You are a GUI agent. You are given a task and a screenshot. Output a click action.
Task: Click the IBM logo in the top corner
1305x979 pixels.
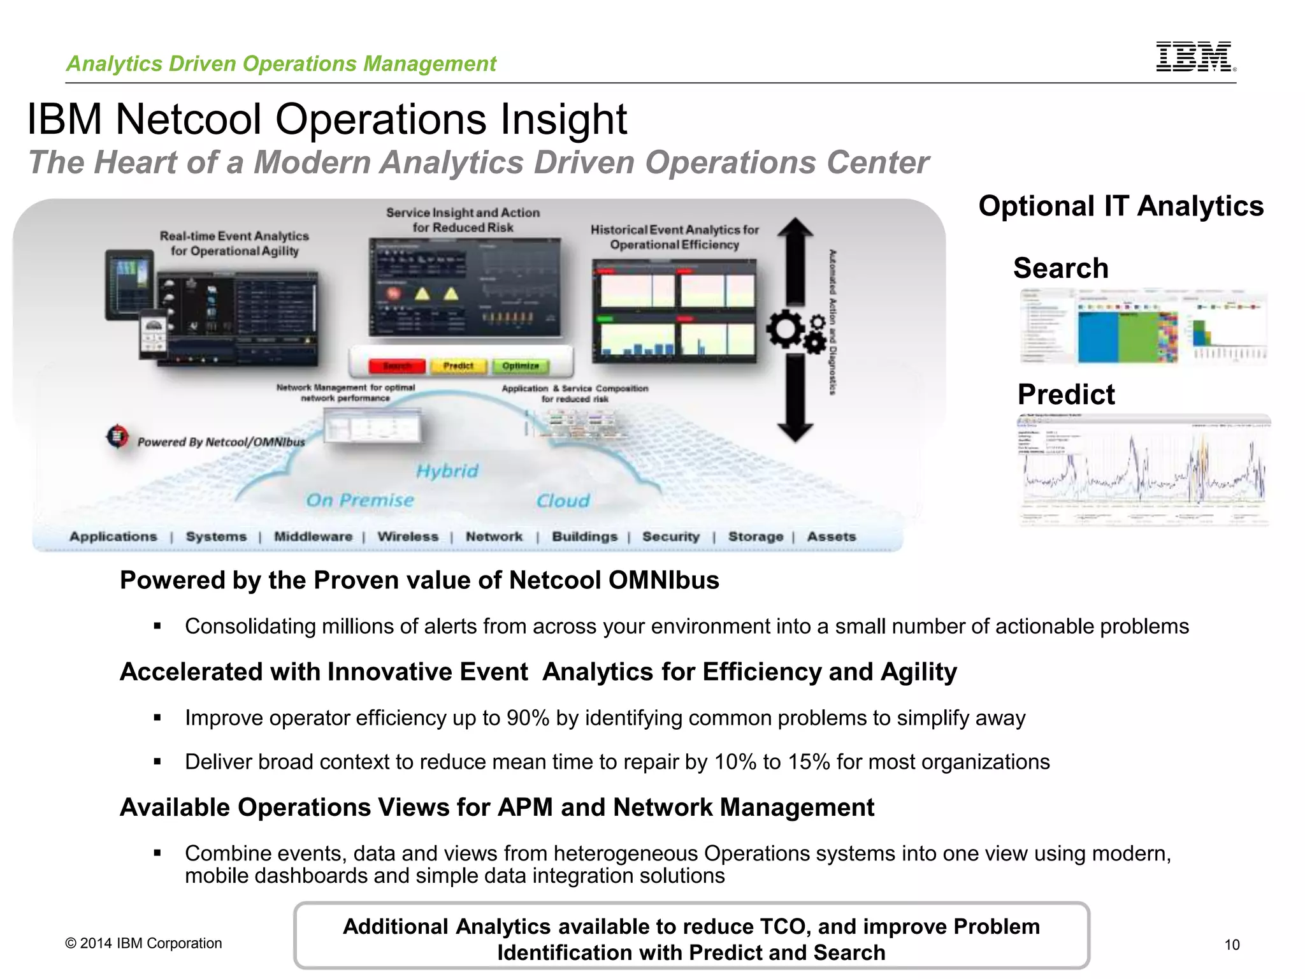tap(1195, 57)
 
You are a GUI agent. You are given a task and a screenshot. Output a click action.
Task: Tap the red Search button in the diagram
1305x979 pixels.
tap(397, 366)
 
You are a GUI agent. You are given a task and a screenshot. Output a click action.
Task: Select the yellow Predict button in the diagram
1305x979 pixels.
tap(458, 366)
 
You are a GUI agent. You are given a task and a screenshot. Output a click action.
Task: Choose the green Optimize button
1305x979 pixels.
tap(521, 366)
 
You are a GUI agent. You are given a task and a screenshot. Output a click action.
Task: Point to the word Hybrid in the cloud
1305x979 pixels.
tap(447, 471)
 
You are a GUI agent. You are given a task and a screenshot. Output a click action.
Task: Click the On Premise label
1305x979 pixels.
tap(360, 500)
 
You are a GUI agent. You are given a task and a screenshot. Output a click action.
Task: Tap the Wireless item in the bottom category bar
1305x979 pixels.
tap(408, 537)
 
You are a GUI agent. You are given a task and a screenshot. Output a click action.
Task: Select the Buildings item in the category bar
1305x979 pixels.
tap(584, 537)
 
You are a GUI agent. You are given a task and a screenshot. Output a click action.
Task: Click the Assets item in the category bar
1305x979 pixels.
tap(832, 537)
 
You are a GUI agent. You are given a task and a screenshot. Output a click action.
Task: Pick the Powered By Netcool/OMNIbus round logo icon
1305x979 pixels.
tap(117, 437)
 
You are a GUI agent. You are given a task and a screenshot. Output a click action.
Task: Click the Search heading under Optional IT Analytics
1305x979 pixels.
tap(1060, 268)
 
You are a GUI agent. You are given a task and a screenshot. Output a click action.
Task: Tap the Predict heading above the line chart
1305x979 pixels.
tap(1066, 395)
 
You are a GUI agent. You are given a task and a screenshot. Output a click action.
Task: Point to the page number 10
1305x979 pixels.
tap(1232, 945)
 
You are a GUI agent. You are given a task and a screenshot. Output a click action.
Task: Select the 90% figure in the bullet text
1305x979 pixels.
tap(528, 718)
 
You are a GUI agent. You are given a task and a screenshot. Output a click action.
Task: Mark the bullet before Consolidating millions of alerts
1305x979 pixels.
tap(157, 627)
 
